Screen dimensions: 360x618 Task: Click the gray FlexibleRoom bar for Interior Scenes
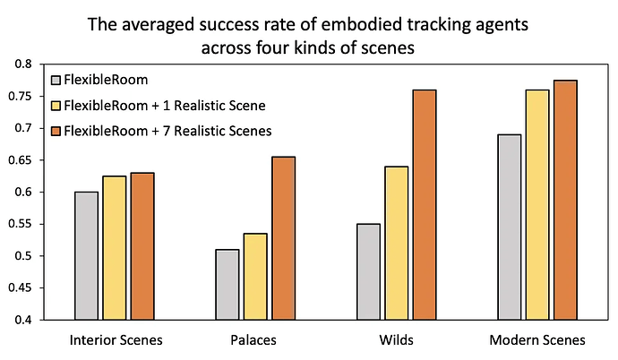point(86,255)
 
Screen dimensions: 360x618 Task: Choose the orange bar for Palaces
point(283,237)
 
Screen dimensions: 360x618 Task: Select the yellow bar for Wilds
point(395,243)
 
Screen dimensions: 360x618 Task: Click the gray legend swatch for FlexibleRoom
point(58,81)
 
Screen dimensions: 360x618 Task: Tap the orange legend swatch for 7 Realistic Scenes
point(58,131)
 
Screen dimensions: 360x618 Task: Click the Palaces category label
point(255,341)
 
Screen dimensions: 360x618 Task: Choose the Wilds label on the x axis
point(395,341)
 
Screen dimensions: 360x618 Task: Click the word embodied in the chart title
point(339,25)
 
